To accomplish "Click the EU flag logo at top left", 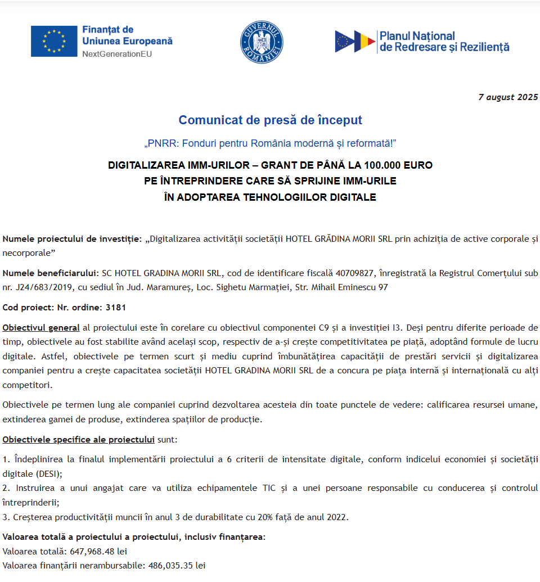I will [54, 41].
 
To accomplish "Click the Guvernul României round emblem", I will [262, 42].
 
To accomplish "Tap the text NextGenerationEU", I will [117, 54].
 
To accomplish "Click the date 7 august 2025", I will [508, 97].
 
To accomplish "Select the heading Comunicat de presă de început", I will [270, 120].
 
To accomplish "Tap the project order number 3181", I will [116, 308].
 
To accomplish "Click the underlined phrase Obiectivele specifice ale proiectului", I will [78, 439].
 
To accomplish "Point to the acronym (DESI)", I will [47, 473].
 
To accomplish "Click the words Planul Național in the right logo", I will [417, 36].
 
